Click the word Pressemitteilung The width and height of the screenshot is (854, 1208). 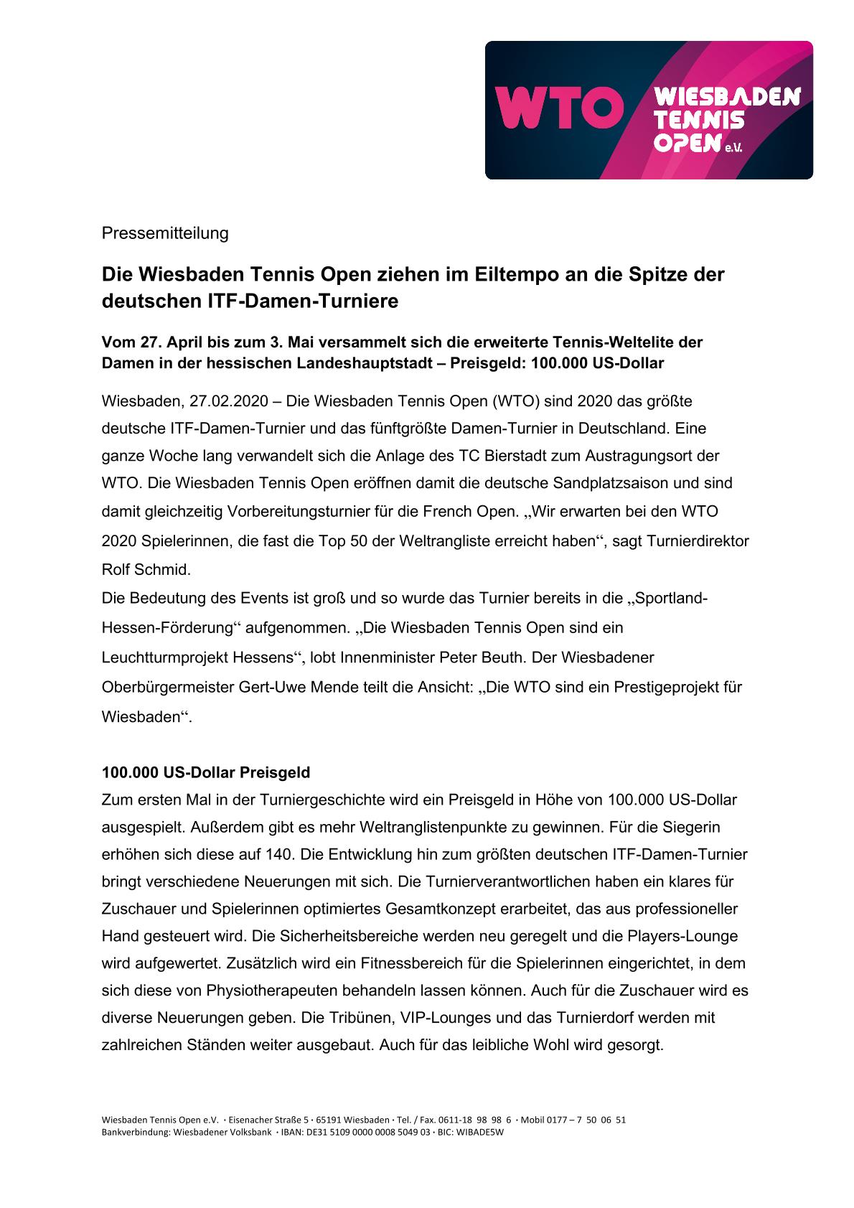point(165,233)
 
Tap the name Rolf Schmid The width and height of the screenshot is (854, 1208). point(146,571)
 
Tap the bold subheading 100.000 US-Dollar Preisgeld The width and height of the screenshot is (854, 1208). point(206,773)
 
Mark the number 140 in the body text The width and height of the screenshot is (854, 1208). point(280,855)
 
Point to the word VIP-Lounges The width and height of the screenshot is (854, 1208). point(443,1019)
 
